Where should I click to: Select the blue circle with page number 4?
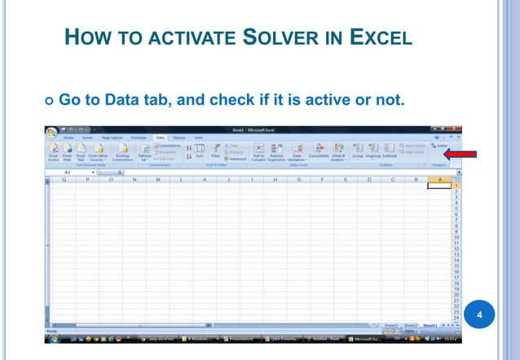pos(480,314)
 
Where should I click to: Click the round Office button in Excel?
pos(54,133)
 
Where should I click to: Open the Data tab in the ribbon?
pos(161,138)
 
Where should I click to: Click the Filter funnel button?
pos(215,151)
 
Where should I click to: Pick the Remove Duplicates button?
pos(276,152)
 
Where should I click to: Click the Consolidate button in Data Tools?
pos(318,152)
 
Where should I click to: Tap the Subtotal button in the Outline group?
pos(389,151)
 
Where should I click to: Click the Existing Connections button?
pos(122,152)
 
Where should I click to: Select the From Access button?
pos(53,152)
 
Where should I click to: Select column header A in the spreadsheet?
pos(440,179)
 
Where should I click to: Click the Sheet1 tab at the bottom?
pos(430,324)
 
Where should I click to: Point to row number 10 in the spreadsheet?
pos(456,236)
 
